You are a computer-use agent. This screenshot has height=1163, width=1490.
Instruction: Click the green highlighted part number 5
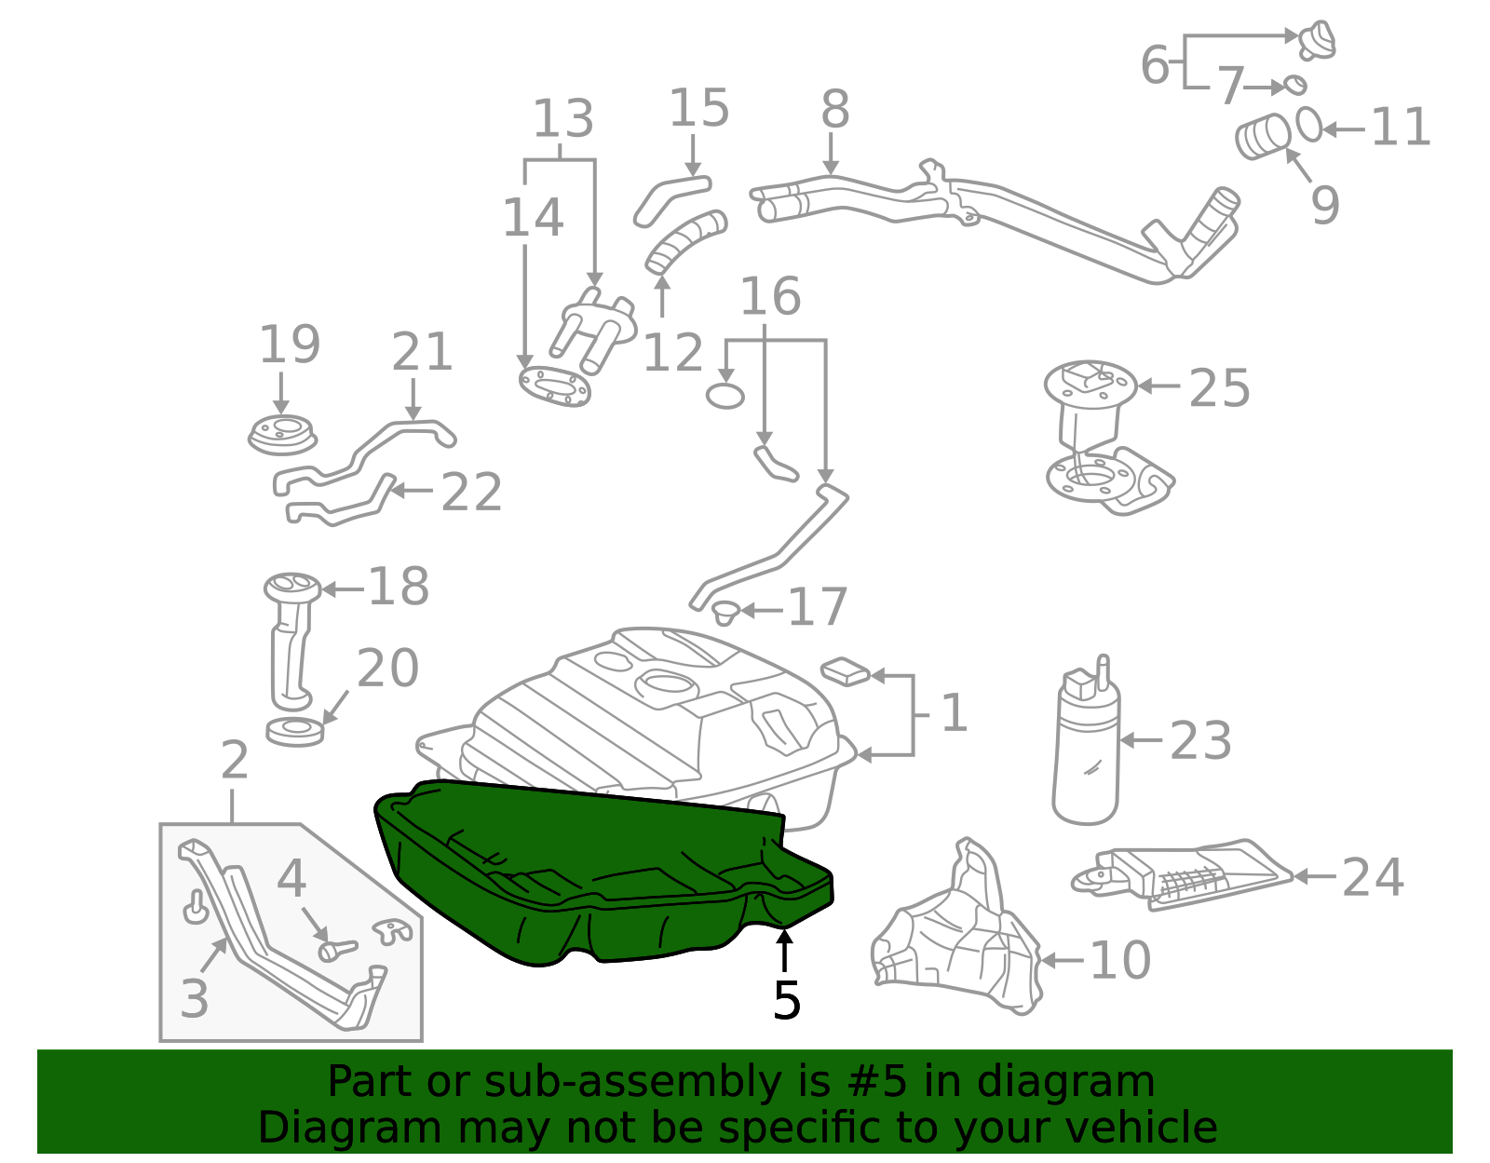click(x=596, y=875)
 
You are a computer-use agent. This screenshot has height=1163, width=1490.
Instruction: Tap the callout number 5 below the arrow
click(x=786, y=1001)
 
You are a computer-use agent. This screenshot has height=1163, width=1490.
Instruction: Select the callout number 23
click(x=1200, y=741)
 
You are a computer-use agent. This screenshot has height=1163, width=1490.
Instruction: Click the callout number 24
click(x=1373, y=877)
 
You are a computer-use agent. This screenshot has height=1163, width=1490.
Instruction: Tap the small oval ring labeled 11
click(x=1309, y=125)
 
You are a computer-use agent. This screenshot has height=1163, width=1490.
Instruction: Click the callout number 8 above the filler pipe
click(x=834, y=110)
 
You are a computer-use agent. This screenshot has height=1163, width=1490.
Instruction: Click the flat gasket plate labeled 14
click(x=555, y=386)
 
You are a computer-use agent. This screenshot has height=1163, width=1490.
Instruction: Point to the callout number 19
click(x=290, y=345)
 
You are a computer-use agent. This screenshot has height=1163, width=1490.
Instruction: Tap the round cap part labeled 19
click(x=281, y=435)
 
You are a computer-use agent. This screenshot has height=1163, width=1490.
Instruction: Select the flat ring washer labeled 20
click(x=295, y=731)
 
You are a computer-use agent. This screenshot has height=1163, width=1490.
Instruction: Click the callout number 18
click(x=399, y=587)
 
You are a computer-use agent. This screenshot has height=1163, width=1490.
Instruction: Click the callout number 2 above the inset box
click(x=235, y=761)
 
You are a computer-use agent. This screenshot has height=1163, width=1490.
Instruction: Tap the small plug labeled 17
click(x=725, y=613)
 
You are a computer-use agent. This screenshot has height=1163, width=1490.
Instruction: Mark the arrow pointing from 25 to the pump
click(x=1159, y=385)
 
